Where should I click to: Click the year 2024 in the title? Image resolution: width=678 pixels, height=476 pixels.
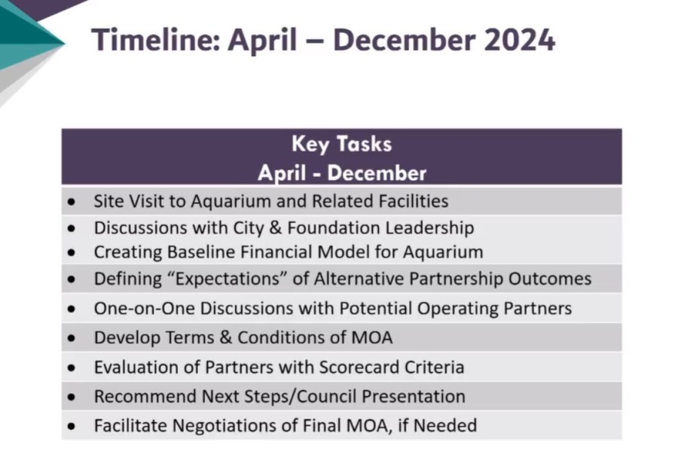519,40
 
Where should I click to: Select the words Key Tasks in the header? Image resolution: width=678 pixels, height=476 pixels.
341,144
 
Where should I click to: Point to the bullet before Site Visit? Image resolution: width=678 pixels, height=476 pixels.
72,201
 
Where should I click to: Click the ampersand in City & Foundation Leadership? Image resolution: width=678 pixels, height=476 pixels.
276,228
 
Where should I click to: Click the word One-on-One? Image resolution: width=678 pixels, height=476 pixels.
145,308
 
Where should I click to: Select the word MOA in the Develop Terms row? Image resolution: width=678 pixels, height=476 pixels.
372,337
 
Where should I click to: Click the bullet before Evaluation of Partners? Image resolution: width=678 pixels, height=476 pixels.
72,368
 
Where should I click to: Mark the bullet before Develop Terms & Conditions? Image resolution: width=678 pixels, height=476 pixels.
72,337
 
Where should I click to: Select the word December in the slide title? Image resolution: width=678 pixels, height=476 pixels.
405,40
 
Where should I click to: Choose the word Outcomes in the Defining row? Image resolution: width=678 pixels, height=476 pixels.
550,279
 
